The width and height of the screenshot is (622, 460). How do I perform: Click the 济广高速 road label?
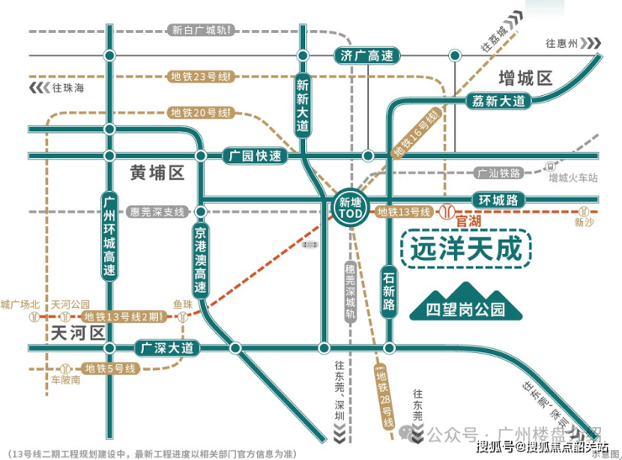point(367,56)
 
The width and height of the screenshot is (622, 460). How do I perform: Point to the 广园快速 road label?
point(255,156)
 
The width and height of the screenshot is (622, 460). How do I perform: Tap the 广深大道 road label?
point(167,347)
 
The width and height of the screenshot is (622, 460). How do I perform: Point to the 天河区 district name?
point(76,332)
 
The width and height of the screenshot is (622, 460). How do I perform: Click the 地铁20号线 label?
point(199,113)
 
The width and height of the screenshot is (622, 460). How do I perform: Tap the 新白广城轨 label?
point(201,30)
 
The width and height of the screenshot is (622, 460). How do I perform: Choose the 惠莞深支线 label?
point(156,212)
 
